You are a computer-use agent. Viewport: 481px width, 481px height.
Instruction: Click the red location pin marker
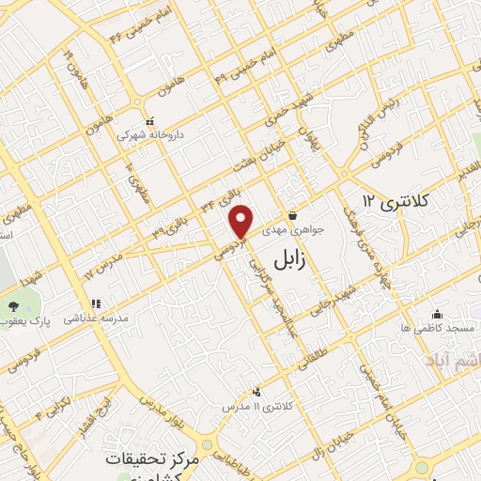[x=241, y=222]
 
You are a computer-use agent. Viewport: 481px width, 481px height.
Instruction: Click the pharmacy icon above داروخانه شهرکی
[x=150, y=120]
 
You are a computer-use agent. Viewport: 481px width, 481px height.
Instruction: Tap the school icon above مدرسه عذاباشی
[x=95, y=303]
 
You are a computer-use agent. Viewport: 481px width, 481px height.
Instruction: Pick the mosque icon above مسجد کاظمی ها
[x=437, y=314]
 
